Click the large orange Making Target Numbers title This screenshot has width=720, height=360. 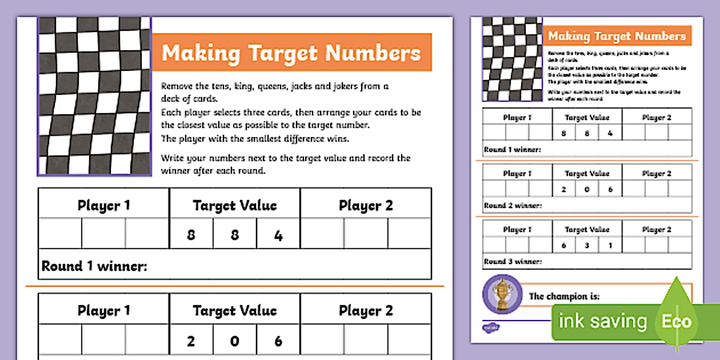[x=291, y=53]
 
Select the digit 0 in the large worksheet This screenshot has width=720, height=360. [x=235, y=341]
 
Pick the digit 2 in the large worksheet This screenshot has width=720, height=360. [x=191, y=341]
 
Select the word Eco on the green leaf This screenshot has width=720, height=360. [x=677, y=321]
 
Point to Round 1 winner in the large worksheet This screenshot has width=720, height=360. [x=95, y=266]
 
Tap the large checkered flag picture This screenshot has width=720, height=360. [x=95, y=95]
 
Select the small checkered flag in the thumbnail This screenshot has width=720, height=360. [x=512, y=59]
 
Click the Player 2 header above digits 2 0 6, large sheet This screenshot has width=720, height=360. [x=366, y=311]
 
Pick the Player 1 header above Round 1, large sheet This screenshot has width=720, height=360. [x=103, y=206]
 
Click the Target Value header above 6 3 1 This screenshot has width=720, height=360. [x=587, y=230]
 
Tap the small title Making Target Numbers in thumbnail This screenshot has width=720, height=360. [x=617, y=36]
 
